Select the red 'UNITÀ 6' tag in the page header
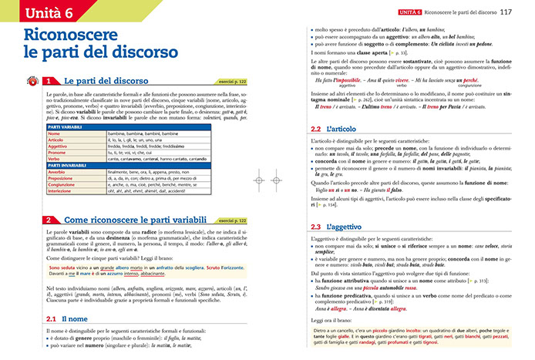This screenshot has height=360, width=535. click(410, 12)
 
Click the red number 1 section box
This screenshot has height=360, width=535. click(49, 80)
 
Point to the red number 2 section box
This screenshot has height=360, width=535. click(49, 220)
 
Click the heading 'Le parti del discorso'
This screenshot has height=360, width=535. click(105, 80)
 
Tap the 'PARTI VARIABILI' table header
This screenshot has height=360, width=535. click(69, 126)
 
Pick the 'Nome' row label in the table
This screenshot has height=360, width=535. click(54, 133)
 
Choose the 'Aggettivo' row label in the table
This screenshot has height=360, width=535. click(58, 146)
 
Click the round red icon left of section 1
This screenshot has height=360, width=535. click(32, 80)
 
